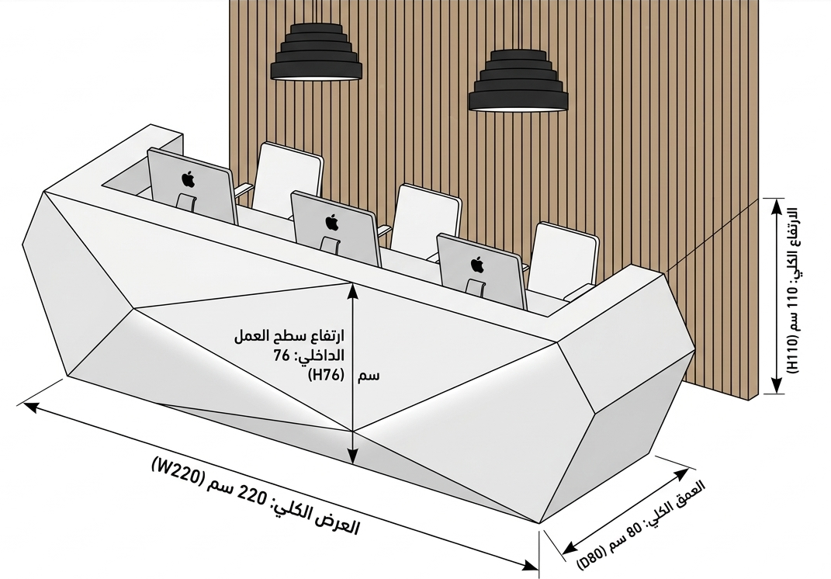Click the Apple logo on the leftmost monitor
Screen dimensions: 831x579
[x=188, y=179]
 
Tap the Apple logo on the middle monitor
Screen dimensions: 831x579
[x=332, y=222]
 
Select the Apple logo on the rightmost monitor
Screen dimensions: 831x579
[x=477, y=264]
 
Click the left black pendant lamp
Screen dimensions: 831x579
[x=317, y=53]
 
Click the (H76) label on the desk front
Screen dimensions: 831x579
[x=327, y=376]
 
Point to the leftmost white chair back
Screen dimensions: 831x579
[x=287, y=179]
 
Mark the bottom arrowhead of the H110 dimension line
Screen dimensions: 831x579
[x=777, y=386]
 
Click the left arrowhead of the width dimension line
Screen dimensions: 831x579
[x=32, y=407]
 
